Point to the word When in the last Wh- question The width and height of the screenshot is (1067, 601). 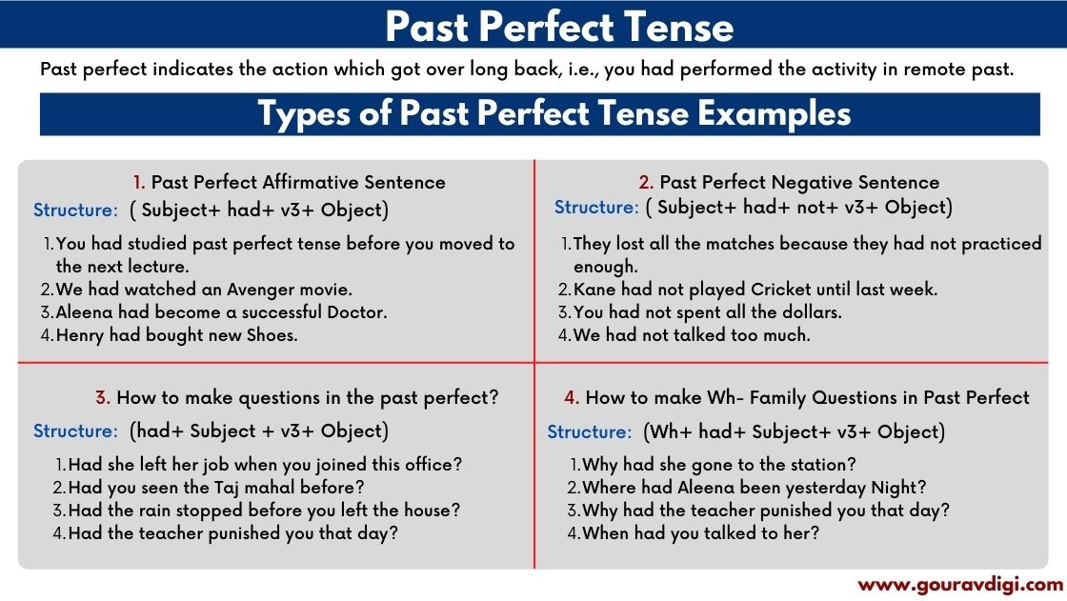[x=606, y=533]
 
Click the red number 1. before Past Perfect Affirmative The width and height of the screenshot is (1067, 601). [x=139, y=182]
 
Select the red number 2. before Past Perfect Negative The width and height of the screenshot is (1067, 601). [x=646, y=182]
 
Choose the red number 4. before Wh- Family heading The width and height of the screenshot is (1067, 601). [x=572, y=397]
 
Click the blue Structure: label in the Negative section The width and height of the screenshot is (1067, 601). [x=596, y=207]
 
